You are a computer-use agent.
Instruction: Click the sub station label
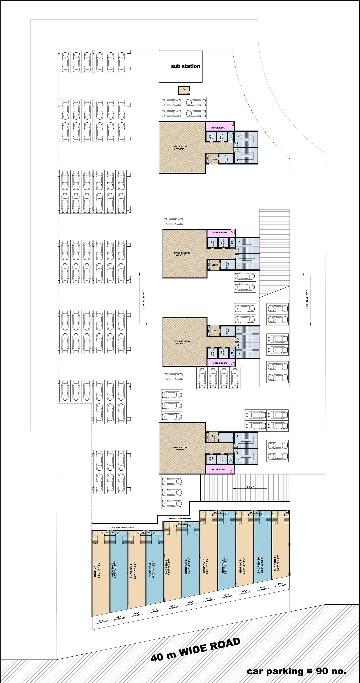(x=185, y=66)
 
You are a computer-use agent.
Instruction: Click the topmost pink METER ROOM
(x=218, y=128)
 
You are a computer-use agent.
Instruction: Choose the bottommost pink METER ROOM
(x=218, y=470)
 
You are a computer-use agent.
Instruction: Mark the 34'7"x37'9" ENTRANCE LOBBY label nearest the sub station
(x=181, y=148)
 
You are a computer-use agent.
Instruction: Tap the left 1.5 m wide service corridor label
(x=122, y=528)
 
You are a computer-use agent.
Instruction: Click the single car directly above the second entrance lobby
(x=174, y=221)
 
